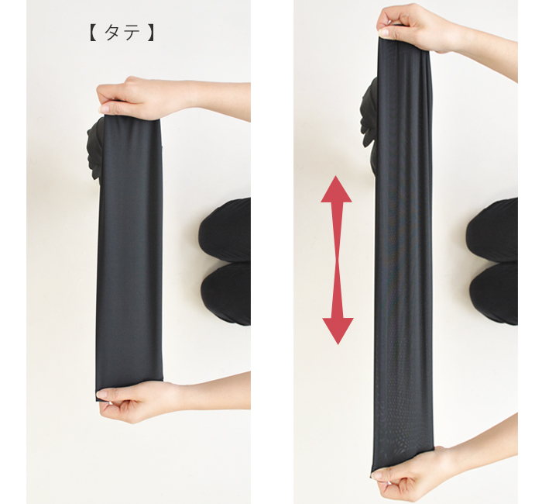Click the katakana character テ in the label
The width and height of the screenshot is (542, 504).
tap(132, 33)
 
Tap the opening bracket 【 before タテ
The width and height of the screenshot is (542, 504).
tap(93, 33)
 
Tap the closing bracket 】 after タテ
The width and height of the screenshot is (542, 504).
tap(151, 33)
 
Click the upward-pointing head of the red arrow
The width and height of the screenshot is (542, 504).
tap(336, 189)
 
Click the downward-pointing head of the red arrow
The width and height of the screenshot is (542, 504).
tap(338, 330)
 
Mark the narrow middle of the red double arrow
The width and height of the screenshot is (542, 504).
tap(338, 261)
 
